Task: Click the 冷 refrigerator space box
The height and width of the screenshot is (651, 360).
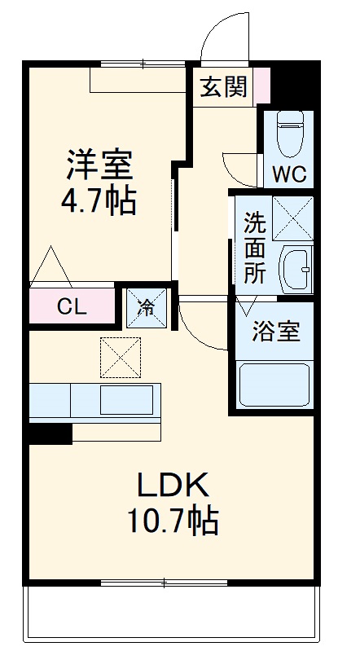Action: [147, 307]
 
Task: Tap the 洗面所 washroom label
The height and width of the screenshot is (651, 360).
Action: [255, 247]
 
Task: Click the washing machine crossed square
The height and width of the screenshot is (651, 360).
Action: [292, 218]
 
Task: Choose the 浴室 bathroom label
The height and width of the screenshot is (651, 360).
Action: [275, 332]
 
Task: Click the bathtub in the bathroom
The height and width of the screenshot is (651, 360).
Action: [274, 383]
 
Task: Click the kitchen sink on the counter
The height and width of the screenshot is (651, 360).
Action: [126, 401]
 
